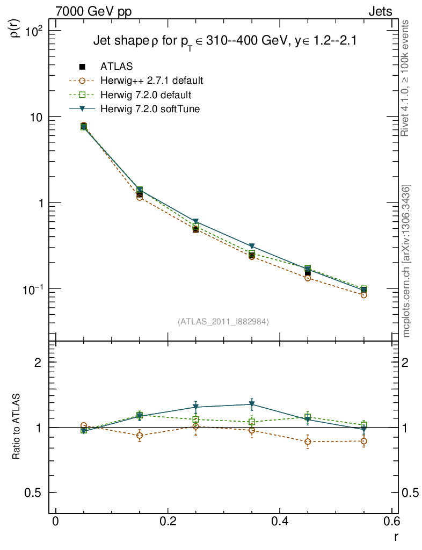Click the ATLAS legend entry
(x=117, y=67)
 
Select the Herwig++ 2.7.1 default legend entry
(x=151, y=81)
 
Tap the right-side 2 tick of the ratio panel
(x=412, y=363)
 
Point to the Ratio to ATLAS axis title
(x=17, y=427)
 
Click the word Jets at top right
(x=380, y=11)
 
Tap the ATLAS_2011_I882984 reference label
(x=223, y=322)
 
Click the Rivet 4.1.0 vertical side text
(x=406, y=78)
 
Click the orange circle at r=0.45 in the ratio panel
(x=308, y=442)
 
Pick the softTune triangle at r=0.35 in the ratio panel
(x=252, y=404)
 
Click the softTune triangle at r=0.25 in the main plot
(x=196, y=221)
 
